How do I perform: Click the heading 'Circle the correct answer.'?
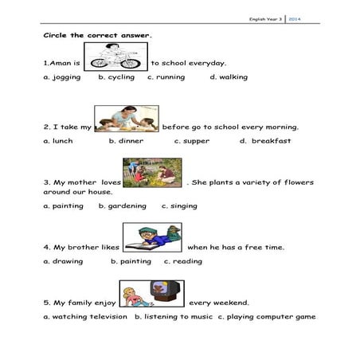pos(97,36)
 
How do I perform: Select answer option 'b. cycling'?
pos(116,77)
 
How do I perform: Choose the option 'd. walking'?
pos(229,77)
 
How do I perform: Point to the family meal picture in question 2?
pos(126,119)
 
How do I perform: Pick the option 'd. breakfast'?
pos(265,141)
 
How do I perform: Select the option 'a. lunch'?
pos(58,141)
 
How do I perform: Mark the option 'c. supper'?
pos(192,141)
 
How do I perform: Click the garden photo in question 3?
pos(154,172)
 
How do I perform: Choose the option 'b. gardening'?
pos(123,205)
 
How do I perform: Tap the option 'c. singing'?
pos(180,205)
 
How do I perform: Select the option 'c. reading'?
pos(183,261)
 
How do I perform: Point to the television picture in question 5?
pos(151,294)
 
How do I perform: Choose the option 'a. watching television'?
pos(85,316)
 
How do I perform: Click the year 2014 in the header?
pos(294,18)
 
